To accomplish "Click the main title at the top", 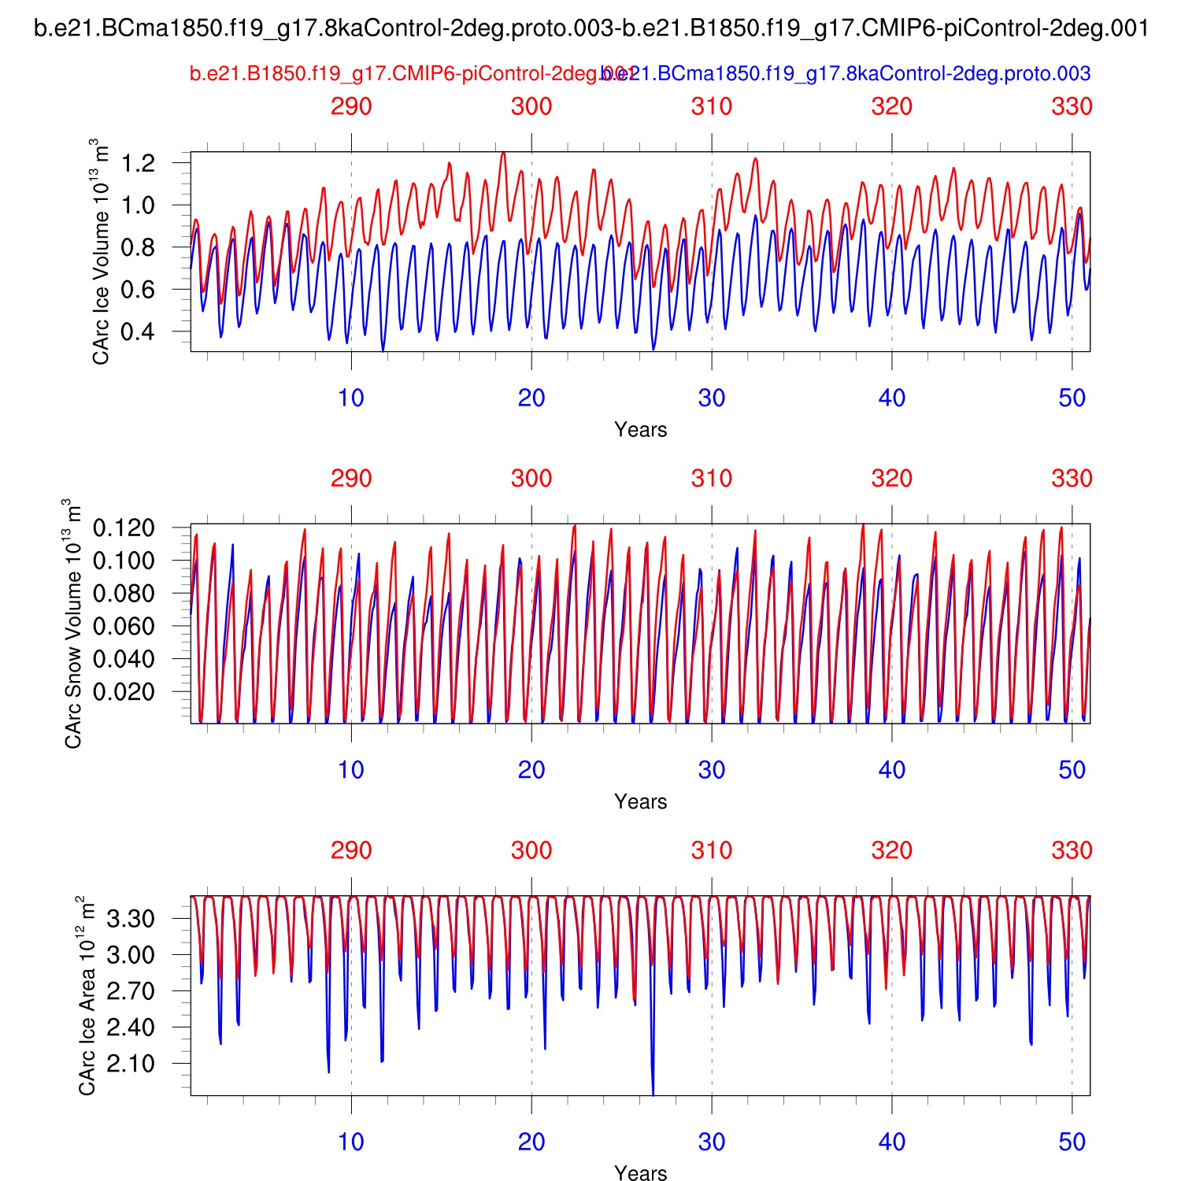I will [591, 29].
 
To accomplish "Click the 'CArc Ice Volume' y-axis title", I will [100, 252].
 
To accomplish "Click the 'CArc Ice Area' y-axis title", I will [87, 995].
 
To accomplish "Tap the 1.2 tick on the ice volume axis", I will [139, 163].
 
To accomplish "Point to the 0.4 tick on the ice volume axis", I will [139, 332].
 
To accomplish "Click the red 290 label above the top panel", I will [351, 106].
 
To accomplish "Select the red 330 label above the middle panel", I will [1072, 479].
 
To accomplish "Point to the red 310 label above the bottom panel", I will [712, 850].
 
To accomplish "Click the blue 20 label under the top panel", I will [531, 398].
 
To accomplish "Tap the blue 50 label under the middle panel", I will [1072, 770].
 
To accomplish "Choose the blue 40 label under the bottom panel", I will [891, 1142].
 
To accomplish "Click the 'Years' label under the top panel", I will [640, 430].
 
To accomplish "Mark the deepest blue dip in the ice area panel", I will [653, 1093].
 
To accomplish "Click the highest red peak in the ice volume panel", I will [503, 154].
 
